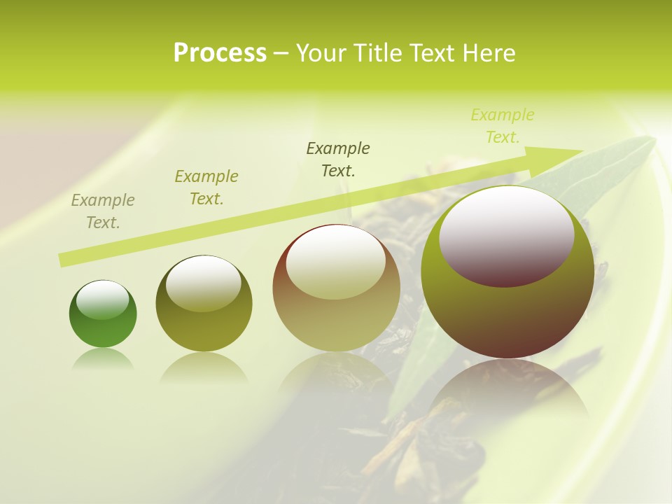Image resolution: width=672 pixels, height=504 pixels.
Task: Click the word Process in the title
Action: click(220, 52)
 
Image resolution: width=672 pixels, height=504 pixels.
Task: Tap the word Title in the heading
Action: click(377, 53)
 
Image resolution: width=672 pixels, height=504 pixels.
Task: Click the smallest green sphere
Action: click(103, 314)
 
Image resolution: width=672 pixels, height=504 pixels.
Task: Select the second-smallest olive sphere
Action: click(204, 304)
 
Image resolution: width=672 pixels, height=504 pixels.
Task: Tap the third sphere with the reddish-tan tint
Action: click(336, 288)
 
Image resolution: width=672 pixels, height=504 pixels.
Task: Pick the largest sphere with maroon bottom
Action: click(507, 273)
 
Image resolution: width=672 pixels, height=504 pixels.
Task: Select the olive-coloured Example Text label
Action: click(206, 188)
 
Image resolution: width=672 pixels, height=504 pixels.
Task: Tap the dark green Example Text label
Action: click(338, 159)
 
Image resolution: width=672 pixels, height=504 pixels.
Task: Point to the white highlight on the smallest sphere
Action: click(102, 300)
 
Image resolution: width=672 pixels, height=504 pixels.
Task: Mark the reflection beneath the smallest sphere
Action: click(103, 360)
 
